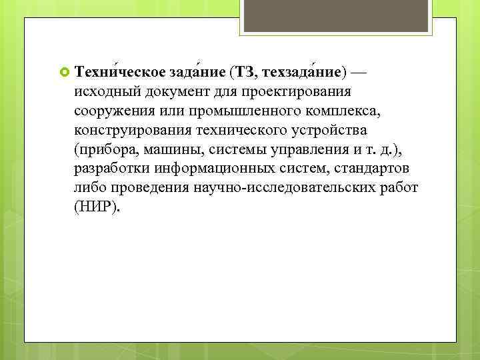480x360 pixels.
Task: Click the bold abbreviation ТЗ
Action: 245,71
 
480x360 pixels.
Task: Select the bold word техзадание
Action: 301,71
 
